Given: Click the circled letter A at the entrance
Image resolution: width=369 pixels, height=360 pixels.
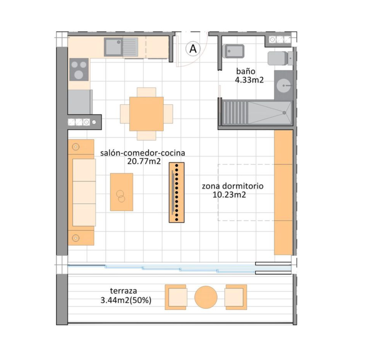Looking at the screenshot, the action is (193, 49).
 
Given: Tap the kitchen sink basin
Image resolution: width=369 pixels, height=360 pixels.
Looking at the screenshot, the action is (113, 47).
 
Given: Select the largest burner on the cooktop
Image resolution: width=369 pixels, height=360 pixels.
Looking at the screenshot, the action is (78, 75).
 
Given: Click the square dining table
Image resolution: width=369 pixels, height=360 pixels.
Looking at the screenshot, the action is (146, 114).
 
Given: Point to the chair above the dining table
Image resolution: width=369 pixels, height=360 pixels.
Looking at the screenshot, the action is (146, 92).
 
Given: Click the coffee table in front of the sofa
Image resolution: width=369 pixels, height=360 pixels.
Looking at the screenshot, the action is (122, 192).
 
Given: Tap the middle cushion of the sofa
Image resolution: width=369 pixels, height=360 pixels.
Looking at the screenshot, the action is (84, 192).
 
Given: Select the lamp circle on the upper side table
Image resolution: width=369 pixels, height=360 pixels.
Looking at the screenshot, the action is (76, 147).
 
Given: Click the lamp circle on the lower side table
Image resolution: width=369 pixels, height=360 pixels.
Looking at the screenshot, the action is (76, 238).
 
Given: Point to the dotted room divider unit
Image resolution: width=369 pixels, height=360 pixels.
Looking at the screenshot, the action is (177, 192).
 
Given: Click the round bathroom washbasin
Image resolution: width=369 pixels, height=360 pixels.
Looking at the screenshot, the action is (283, 85).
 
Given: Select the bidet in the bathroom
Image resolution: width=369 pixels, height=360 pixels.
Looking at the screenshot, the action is (233, 51).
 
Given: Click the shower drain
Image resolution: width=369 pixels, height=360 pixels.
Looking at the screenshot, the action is (284, 113).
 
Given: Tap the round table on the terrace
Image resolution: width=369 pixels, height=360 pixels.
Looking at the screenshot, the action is (206, 297).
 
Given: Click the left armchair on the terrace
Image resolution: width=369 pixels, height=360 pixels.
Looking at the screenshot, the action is (176, 297).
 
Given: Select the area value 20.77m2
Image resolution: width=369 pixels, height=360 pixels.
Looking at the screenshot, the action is (144, 161).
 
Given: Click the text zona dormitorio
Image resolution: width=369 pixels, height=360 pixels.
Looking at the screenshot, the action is (233, 186).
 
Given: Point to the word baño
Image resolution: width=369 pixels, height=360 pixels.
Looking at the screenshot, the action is (246, 71).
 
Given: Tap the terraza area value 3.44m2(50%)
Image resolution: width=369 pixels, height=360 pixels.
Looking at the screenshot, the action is (126, 300).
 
